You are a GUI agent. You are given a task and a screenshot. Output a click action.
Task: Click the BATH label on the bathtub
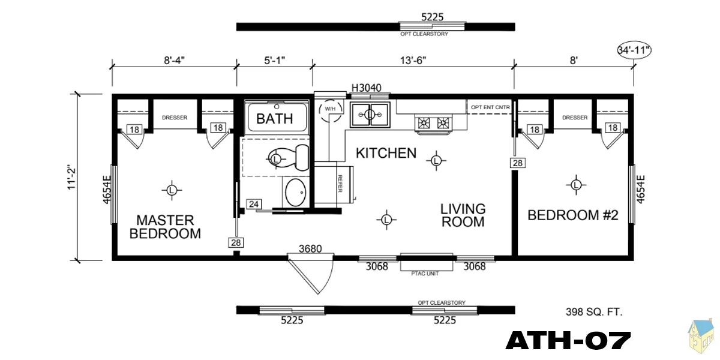(275, 119)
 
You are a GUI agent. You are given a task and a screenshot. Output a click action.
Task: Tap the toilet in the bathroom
(289, 158)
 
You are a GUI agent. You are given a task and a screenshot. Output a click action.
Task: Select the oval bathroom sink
(295, 192)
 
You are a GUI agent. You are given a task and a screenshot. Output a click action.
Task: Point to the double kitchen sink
(370, 115)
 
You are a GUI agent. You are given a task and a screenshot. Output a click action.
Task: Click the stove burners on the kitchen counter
(433, 123)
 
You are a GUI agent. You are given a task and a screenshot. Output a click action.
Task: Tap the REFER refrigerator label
(340, 184)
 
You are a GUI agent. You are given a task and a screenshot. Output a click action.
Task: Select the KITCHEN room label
(386, 153)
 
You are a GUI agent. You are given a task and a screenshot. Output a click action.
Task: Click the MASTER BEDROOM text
(165, 227)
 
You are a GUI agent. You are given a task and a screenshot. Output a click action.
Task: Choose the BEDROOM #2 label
(573, 215)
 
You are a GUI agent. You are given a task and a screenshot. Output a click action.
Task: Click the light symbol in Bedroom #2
(576, 185)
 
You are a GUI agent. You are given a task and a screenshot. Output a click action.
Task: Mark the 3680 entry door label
(310, 248)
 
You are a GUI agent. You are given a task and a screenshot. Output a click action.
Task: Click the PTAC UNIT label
(425, 274)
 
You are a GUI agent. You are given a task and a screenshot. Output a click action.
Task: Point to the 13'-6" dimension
(413, 60)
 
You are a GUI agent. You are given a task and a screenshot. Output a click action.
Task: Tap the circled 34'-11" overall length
(634, 50)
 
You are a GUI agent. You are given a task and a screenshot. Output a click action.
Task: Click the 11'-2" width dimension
(71, 178)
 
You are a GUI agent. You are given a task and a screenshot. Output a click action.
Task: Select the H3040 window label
(367, 88)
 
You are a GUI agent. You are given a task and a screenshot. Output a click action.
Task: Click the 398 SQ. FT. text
(595, 312)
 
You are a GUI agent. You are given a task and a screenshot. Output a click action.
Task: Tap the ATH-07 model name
(568, 341)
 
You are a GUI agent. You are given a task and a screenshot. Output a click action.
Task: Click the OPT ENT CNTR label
(491, 107)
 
